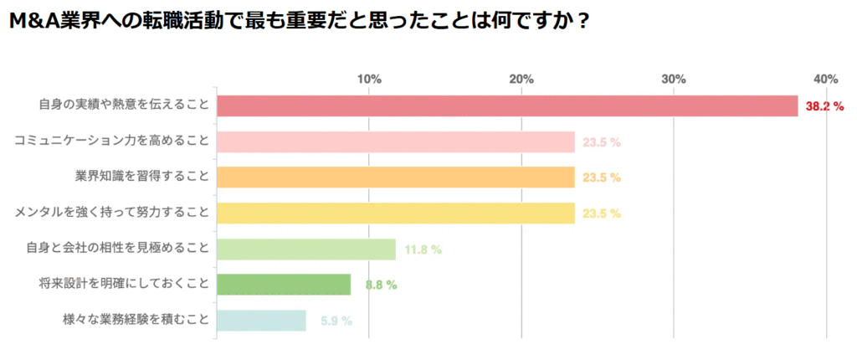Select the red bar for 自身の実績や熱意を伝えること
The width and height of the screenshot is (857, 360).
click(507, 106)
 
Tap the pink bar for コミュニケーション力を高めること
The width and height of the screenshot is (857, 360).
click(396, 142)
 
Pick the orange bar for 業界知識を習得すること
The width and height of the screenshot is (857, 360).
click(396, 177)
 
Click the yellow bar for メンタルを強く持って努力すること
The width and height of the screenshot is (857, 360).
click(396, 213)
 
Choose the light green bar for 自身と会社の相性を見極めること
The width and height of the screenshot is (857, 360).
click(306, 249)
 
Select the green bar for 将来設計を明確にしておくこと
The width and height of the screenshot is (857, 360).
click(284, 285)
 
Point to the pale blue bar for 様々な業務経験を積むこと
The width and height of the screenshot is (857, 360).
click(261, 321)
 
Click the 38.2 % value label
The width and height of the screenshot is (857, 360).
click(824, 106)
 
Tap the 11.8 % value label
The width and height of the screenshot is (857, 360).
click(423, 249)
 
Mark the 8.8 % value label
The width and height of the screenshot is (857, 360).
click(381, 285)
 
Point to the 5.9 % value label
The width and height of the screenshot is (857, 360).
click(336, 321)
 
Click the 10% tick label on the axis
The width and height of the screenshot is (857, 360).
click(369, 79)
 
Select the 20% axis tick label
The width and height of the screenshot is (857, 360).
click(521, 79)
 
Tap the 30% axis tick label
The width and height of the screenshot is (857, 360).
click(674, 79)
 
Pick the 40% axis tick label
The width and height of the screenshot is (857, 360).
click(826, 79)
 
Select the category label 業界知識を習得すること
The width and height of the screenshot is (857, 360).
click(141, 177)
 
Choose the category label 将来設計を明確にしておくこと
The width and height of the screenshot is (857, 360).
click(123, 285)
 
